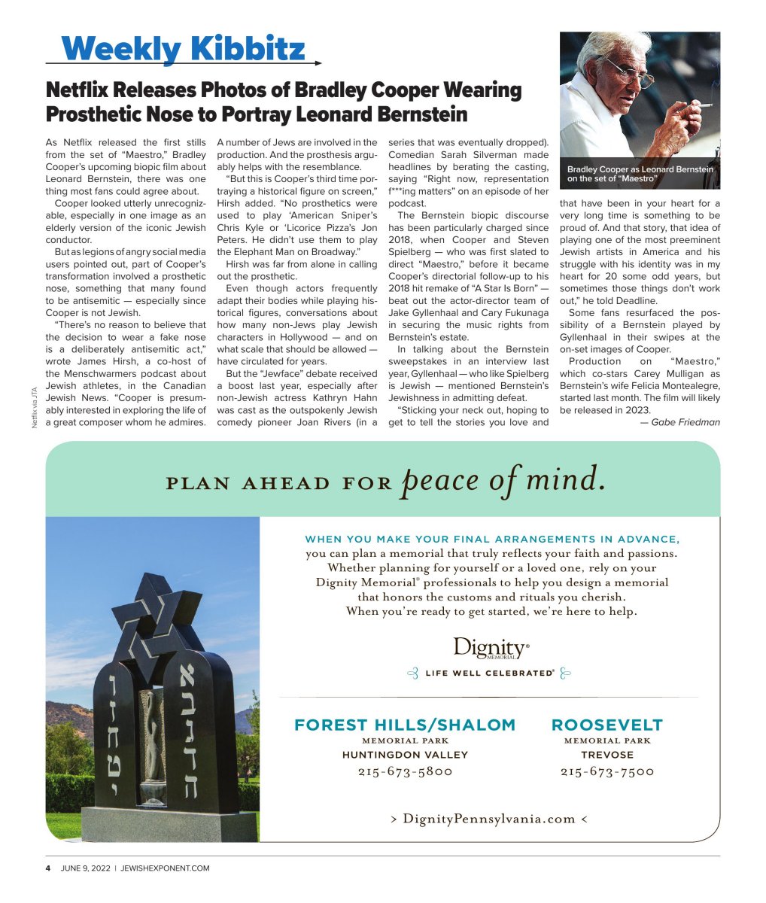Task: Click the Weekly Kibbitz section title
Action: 184,49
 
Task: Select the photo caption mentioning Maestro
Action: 640,174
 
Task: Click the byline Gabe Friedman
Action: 679,422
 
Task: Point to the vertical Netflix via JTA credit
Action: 35,407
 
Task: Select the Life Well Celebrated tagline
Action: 490,673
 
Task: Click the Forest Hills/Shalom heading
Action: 405,725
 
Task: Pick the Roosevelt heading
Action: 607,725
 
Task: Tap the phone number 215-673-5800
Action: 405,771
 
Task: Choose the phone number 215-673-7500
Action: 607,771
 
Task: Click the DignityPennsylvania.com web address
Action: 489,819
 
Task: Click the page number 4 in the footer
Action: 48,868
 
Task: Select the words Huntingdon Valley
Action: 405,755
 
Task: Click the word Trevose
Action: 607,755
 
